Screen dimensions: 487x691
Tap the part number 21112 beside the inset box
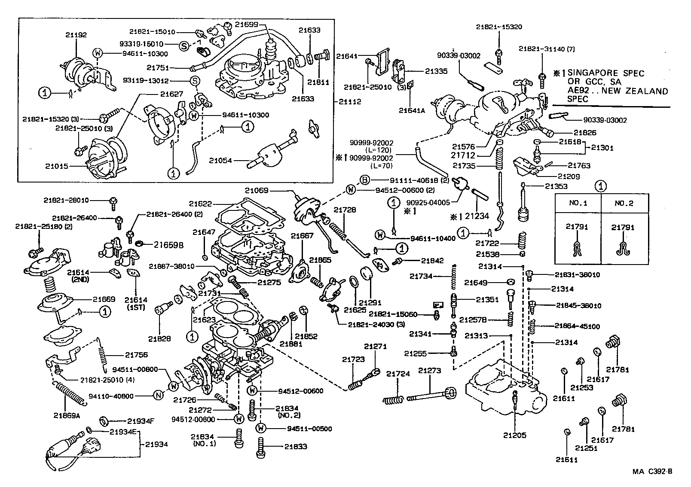350,102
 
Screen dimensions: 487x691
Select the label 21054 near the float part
220,161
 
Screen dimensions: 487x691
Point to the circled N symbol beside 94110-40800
158,396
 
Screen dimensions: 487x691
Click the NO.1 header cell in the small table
578,203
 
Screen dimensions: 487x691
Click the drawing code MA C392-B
651,472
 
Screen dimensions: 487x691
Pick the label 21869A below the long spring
67,415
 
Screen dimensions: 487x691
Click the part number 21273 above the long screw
430,371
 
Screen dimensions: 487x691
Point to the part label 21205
515,435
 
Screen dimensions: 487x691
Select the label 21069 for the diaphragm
257,190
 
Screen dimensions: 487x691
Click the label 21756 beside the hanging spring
136,355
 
